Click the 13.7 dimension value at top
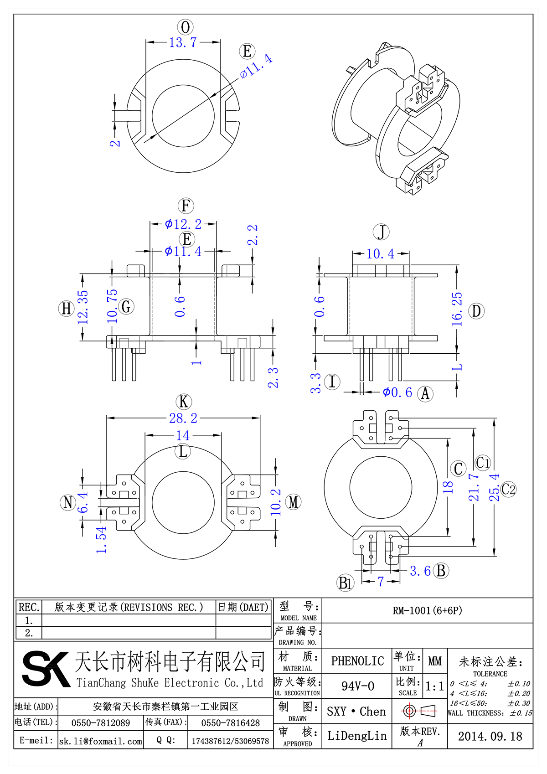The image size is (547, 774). coord(183,42)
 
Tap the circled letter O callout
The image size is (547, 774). coord(185,27)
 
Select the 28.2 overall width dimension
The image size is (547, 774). coord(183,418)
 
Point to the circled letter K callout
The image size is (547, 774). coord(184,402)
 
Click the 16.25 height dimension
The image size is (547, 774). coord(457,309)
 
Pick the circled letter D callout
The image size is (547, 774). coord(476,311)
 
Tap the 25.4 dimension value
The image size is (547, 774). coord(495,487)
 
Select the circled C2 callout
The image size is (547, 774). coord(508,490)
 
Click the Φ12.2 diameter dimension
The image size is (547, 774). coord(183,224)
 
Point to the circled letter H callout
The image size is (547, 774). coord(67,309)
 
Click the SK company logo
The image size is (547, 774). coord(46,669)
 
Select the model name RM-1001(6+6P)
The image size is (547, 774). coord(427,610)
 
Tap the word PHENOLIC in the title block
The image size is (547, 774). coord(357,661)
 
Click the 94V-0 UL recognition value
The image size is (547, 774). coord(357,686)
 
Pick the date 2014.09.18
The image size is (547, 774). coord(490,736)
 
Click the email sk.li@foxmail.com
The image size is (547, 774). coord(101,741)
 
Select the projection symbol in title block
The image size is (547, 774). coord(419,711)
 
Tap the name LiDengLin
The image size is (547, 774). coord(357,736)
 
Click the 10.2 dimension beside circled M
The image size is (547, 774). coord(275,502)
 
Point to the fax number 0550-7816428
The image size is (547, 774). coord(230,723)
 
